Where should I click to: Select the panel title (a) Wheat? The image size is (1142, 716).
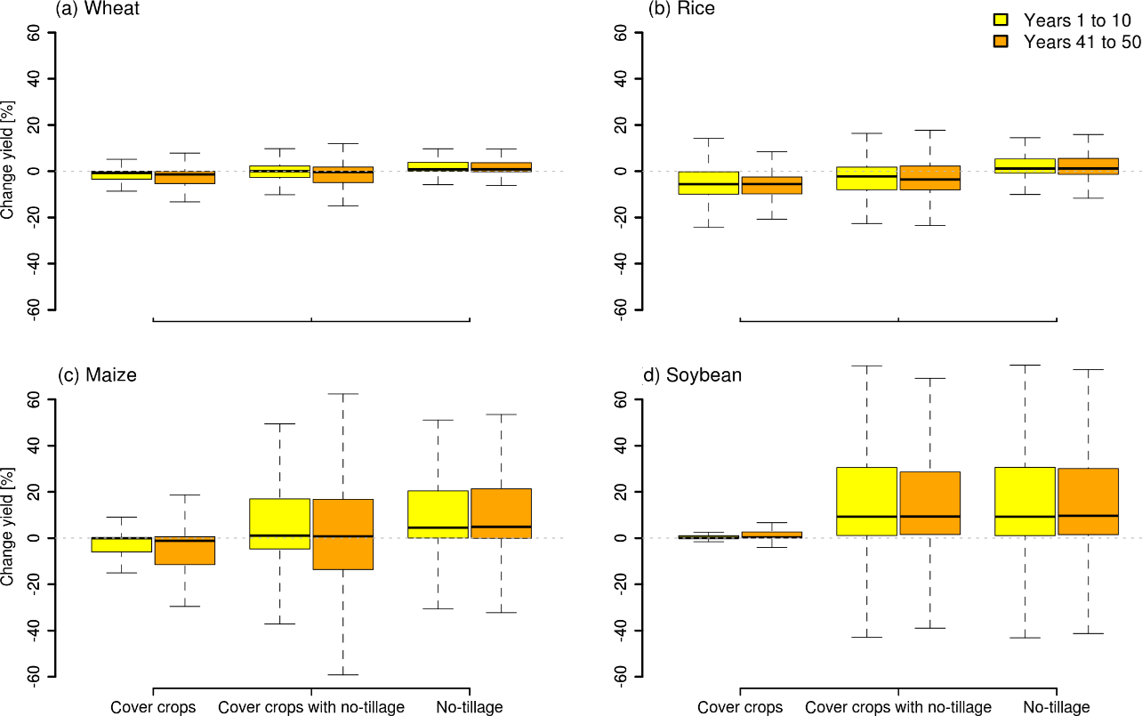coord(97,9)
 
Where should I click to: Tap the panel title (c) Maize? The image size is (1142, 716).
coord(97,374)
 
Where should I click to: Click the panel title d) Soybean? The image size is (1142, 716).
coord(692,374)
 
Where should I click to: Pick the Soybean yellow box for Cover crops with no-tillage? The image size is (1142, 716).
coord(866,501)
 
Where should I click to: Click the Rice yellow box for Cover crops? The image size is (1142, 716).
coord(709,182)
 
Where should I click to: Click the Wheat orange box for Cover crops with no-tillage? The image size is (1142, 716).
coord(342,174)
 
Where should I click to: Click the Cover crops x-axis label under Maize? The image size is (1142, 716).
coord(153,707)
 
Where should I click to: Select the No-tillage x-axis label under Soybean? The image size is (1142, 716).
coord(1056,707)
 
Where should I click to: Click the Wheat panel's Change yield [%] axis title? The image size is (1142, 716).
coord(8,171)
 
